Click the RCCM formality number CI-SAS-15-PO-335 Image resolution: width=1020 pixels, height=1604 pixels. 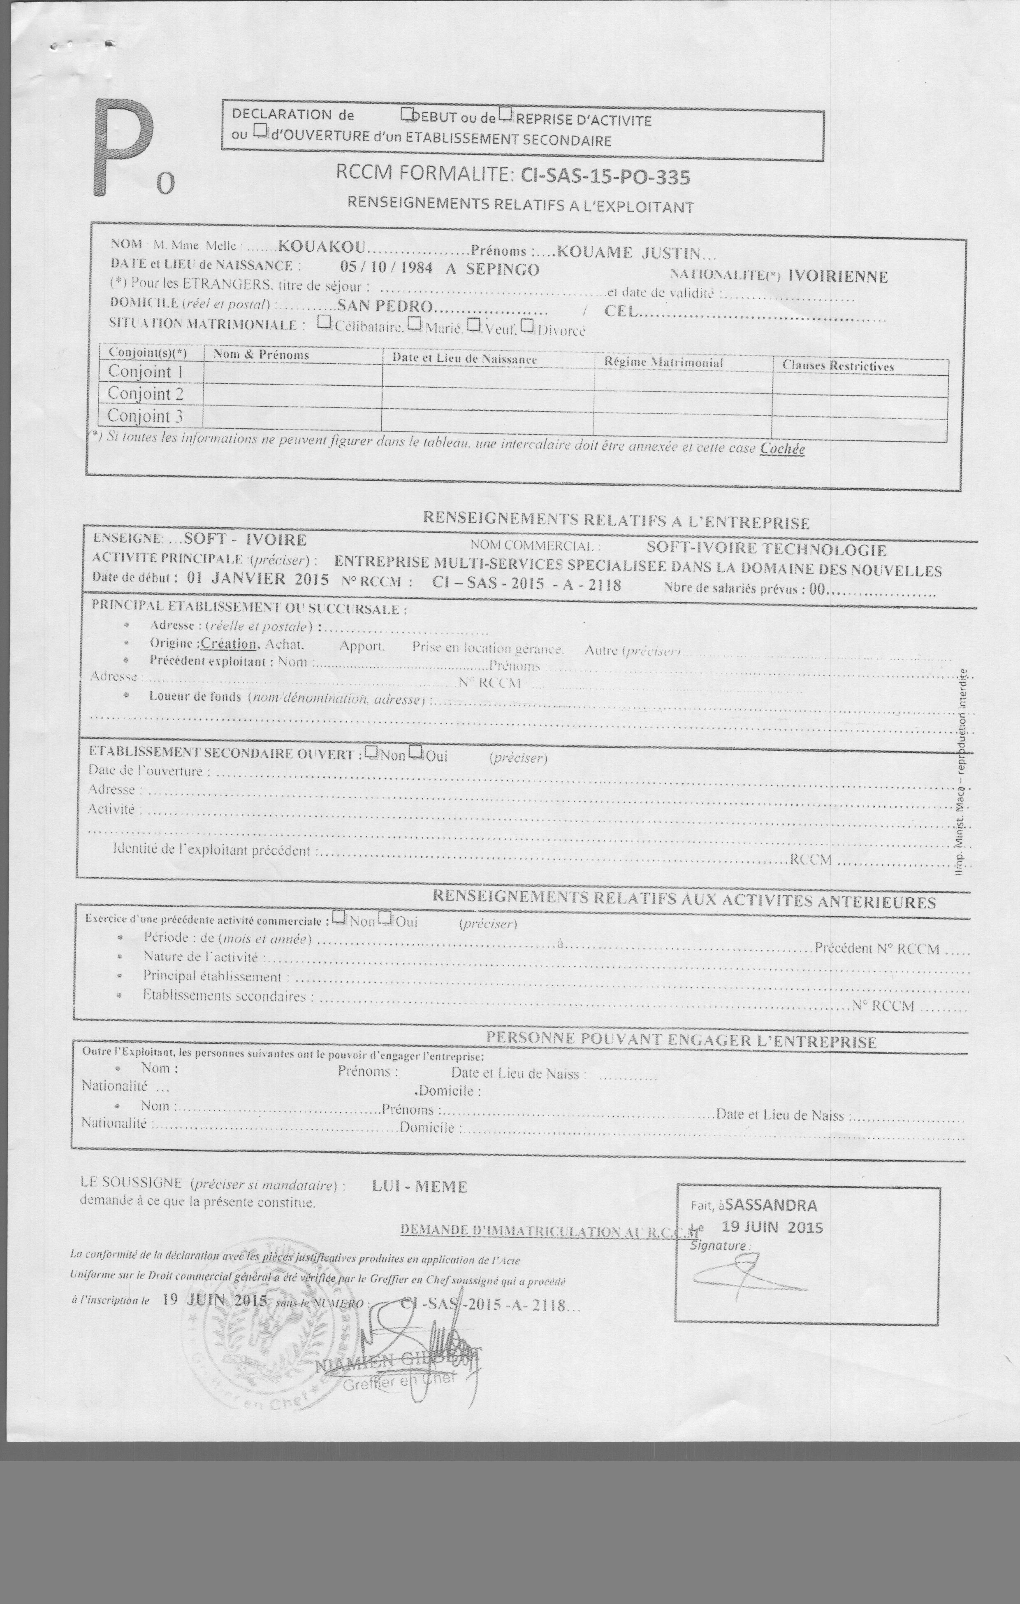click(x=605, y=177)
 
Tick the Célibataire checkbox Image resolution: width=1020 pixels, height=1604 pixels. click(x=324, y=321)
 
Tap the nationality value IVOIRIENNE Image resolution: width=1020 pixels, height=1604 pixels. click(x=837, y=277)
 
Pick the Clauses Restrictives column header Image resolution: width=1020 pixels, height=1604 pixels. click(x=837, y=365)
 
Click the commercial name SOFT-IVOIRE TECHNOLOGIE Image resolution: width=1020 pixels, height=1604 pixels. click(x=766, y=549)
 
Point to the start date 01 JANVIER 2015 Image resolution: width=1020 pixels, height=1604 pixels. click(x=257, y=579)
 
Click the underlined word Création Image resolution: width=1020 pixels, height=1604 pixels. click(x=228, y=643)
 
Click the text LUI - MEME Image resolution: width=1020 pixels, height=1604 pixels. click(x=420, y=1186)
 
